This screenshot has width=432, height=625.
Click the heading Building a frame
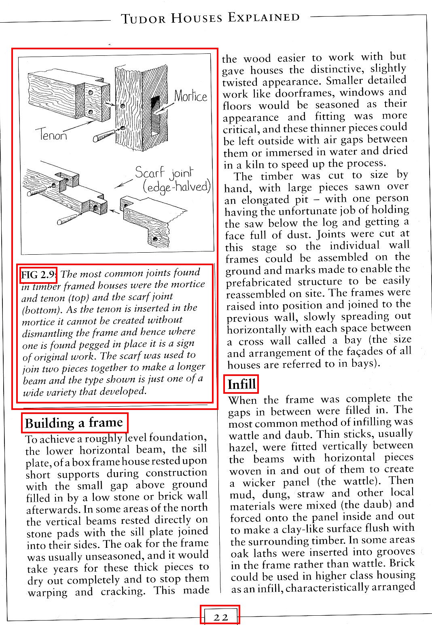[x=74, y=423]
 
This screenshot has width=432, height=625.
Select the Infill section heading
[x=241, y=384]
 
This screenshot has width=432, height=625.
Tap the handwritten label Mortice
[x=191, y=96]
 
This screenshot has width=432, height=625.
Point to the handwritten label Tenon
[x=51, y=134]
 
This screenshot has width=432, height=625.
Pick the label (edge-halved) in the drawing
[x=177, y=187]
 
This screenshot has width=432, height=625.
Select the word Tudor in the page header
[x=143, y=19]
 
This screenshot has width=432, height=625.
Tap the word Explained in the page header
[x=264, y=17]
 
